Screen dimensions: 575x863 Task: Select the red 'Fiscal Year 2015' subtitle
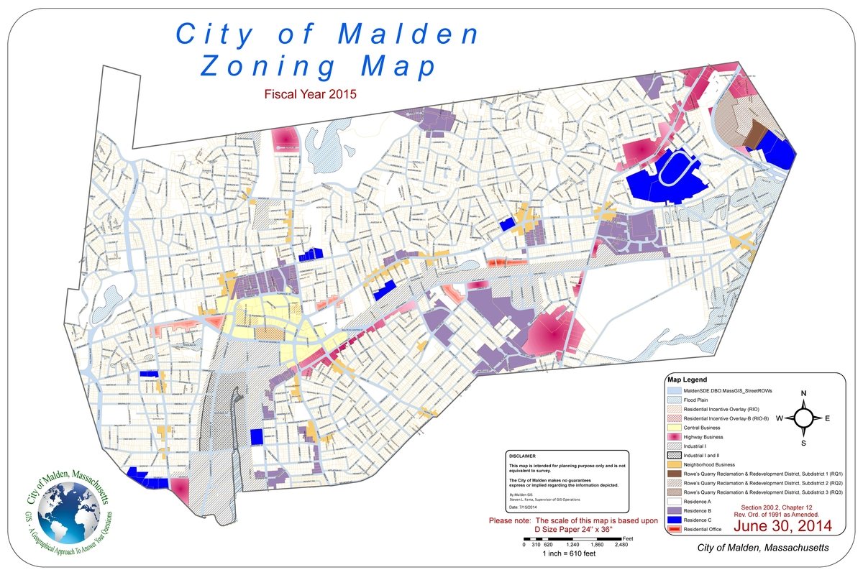(311, 94)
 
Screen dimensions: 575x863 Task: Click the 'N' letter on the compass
(804, 393)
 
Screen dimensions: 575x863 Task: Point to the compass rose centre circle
(805, 417)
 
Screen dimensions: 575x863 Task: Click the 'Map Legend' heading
(688, 379)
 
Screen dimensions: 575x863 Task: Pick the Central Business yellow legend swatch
(674, 427)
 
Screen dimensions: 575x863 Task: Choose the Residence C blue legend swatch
(674, 520)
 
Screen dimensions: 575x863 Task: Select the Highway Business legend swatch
(674, 436)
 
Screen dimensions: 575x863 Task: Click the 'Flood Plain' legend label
(697, 399)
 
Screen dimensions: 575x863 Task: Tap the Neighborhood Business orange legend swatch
(674, 464)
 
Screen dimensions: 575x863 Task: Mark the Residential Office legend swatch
(674, 529)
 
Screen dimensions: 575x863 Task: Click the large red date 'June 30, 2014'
(782, 526)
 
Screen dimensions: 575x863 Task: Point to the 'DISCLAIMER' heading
(522, 456)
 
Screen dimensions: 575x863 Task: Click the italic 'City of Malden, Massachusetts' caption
(763, 548)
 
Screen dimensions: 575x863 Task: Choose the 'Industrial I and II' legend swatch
(674, 455)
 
